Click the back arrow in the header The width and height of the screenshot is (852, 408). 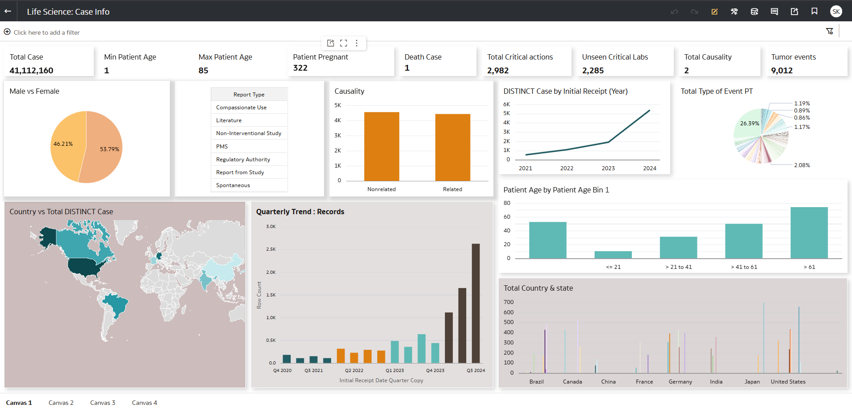[8, 11]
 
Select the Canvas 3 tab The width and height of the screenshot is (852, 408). [103, 403]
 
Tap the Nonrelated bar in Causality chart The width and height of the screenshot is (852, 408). [381, 147]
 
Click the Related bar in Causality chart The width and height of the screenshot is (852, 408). [452, 148]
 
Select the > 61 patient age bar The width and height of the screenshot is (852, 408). [809, 233]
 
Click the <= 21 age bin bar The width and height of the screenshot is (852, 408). [613, 255]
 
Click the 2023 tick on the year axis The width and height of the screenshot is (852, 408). [608, 168]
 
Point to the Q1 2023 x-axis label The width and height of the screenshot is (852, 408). [395, 371]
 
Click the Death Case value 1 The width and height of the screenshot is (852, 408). [407, 68]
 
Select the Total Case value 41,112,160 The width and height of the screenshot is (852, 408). [32, 71]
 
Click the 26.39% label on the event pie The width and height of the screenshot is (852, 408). [749, 124]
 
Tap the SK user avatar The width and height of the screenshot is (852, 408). [836, 12]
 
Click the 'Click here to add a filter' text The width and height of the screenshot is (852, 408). [47, 32]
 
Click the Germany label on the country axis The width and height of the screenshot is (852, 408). [680, 382]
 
